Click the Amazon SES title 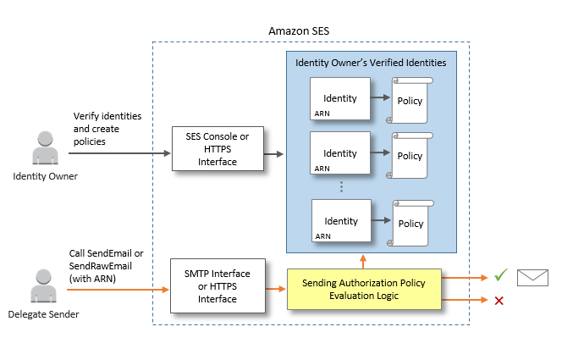click(299, 30)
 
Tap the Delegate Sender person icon click(44, 286)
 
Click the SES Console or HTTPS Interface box click(218, 149)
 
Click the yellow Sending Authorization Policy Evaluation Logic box click(364, 289)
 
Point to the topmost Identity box click(340, 99)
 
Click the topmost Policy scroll click(410, 101)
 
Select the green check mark click(501, 275)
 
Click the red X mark click(499, 301)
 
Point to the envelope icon click(533, 276)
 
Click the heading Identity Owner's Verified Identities click(371, 63)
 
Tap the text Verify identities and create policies click(107, 129)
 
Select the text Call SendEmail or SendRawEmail click(107, 260)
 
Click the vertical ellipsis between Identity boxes click(340, 186)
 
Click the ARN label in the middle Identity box click(322, 169)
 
